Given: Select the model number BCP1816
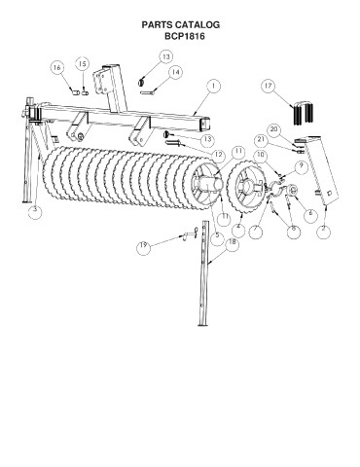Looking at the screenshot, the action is (x=185, y=36).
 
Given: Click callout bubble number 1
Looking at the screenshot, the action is (x=213, y=86).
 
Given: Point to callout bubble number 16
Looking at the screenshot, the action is (x=57, y=68).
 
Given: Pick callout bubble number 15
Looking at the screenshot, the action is (x=83, y=64).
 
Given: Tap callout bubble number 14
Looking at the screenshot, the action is (x=175, y=72).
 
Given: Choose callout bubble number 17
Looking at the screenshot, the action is (x=269, y=87).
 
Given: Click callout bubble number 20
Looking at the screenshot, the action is (x=274, y=129).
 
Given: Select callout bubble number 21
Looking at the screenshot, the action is (x=261, y=140).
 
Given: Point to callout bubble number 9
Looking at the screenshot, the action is (x=302, y=165).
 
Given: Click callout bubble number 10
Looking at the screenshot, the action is (x=261, y=155).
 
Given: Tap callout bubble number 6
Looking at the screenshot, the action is (x=310, y=213).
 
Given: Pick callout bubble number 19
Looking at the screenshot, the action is (x=143, y=245).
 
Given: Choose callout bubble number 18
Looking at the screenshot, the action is (x=233, y=242).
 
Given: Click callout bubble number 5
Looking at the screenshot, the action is (x=217, y=235).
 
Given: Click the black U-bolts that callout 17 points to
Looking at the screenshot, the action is (x=304, y=113).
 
